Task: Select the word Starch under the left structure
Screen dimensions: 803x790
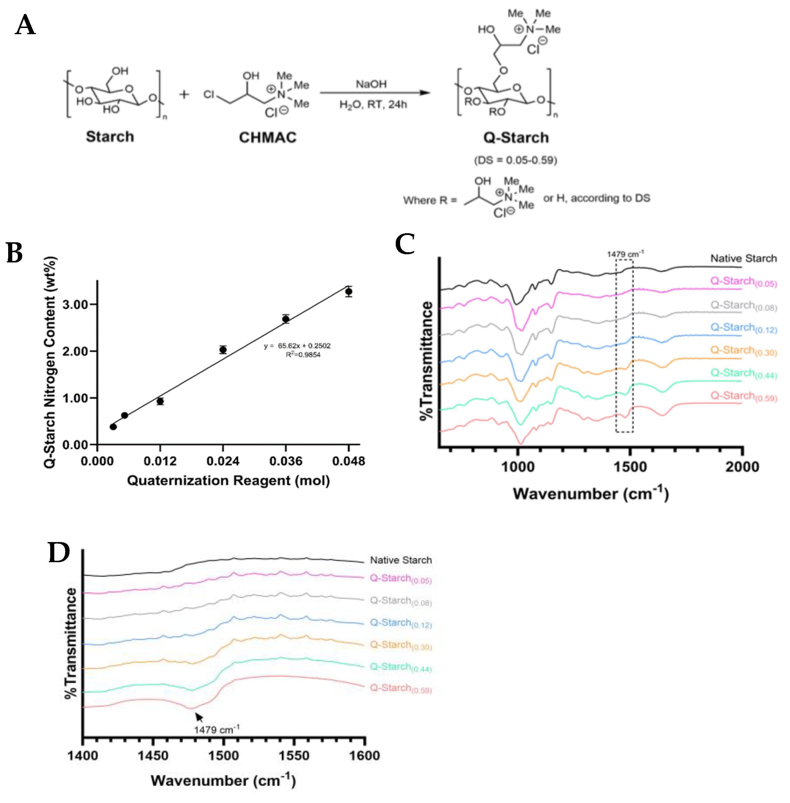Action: (110, 137)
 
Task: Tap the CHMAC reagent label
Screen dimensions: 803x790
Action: (268, 137)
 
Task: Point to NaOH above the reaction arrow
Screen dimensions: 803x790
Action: (371, 84)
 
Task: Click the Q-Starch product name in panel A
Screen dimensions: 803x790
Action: (516, 137)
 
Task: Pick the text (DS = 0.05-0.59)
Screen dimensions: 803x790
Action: (515, 160)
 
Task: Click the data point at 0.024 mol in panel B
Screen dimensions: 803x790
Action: (223, 349)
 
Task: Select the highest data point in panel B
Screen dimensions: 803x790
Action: (348, 291)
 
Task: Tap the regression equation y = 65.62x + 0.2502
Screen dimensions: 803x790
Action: (297, 346)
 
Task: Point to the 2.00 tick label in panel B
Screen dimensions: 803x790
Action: (75, 351)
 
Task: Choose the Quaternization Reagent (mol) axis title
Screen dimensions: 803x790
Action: (228, 480)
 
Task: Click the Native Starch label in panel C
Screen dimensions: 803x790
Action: (743, 259)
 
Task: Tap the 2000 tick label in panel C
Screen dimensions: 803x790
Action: (742, 467)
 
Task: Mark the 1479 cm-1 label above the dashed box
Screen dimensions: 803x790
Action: (625, 254)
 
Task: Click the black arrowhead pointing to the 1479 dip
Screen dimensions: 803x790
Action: (199, 716)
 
